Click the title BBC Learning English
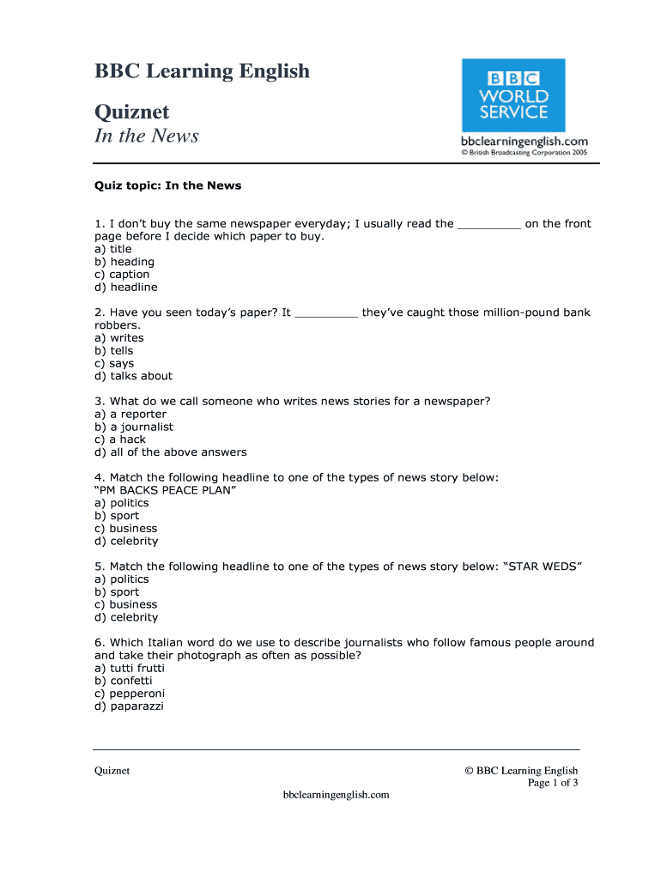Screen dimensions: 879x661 pos(202,71)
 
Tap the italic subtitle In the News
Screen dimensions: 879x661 pos(146,136)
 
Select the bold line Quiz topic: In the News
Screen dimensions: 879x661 pos(167,185)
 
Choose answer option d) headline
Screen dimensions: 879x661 pos(126,288)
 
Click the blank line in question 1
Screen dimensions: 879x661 pos(489,225)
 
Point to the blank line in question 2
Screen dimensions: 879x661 pos(326,313)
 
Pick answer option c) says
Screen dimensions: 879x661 pos(114,363)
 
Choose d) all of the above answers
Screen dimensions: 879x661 pos(171,452)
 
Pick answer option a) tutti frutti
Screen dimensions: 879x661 pos(130,668)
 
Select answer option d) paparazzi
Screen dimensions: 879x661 pos(129,706)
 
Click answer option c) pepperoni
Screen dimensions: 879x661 pos(130,694)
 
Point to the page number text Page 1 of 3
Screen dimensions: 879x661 pos(552,783)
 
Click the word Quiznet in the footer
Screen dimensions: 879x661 pos(112,771)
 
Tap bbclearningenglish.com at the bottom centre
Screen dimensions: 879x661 pos(337,795)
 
